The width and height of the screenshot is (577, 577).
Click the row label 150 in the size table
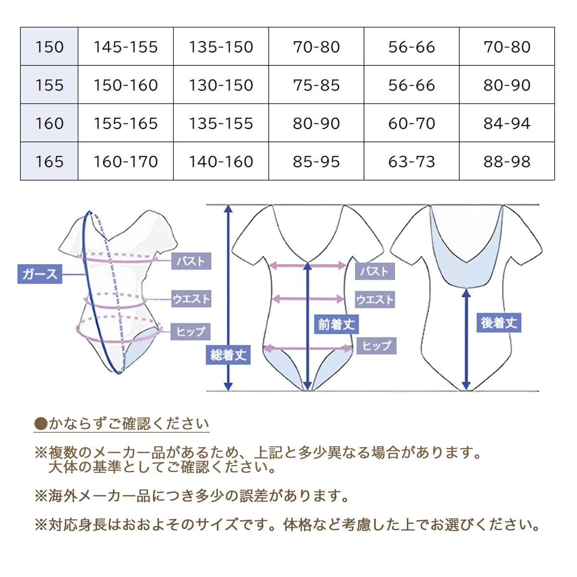pos(50,47)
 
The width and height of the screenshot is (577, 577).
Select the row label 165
pos(50,162)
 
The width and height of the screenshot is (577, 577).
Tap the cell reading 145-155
pos(126,47)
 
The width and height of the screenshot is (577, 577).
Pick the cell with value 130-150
pos(221,85)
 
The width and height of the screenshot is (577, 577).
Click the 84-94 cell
pos(507,123)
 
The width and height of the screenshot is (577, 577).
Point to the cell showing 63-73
pos(412,162)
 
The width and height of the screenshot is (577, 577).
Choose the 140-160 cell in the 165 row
pos(221,162)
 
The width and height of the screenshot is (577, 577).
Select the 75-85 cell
pos(316,85)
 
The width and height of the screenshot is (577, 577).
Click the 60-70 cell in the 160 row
pos(412,123)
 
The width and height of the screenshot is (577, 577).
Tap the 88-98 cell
pos(507,162)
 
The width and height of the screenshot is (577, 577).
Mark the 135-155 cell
pos(221,123)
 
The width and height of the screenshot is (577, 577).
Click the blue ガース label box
pos(40,274)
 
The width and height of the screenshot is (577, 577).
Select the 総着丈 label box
pos(228,355)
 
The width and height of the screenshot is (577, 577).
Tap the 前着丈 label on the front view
pos(336,324)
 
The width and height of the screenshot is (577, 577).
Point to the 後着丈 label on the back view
pos(499,323)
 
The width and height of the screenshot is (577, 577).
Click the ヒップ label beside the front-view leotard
pos(376,346)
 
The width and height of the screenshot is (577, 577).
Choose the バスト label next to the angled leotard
pos(191,261)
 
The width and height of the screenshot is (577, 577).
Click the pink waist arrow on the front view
pos(308,299)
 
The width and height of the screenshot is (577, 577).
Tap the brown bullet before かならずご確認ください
pos(41,424)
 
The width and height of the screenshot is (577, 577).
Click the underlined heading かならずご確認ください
pos(122,424)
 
